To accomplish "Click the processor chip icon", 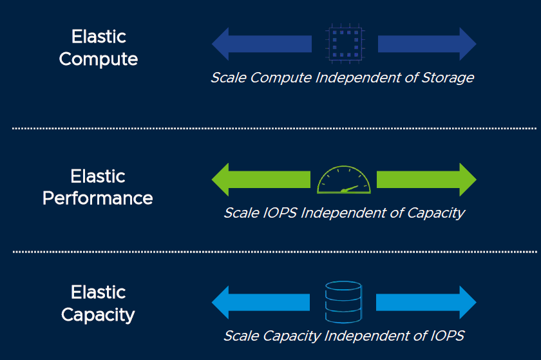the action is coord(345,44).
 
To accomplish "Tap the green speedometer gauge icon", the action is coord(344,180).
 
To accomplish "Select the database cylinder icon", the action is coord(343,302).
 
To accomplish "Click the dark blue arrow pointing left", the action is coord(261,44).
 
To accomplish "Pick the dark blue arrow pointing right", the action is coord(427,44).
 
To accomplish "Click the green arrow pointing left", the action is coord(261,180).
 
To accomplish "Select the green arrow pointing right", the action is coord(426,180).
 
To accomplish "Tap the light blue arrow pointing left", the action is coord(260,302).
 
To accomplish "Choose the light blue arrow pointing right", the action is coord(426,302).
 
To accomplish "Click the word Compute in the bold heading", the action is coord(99,59).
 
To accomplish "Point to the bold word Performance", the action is coord(98,198).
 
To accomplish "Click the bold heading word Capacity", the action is coord(98,315).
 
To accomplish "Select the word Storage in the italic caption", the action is coord(448,78).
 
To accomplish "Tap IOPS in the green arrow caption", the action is coord(280,213).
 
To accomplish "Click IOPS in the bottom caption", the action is coord(447,336).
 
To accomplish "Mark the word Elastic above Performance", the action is coord(98,176).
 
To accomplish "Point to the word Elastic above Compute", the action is coord(99,37).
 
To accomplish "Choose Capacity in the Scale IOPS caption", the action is coord(436,213).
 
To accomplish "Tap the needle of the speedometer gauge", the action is coord(349,189).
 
